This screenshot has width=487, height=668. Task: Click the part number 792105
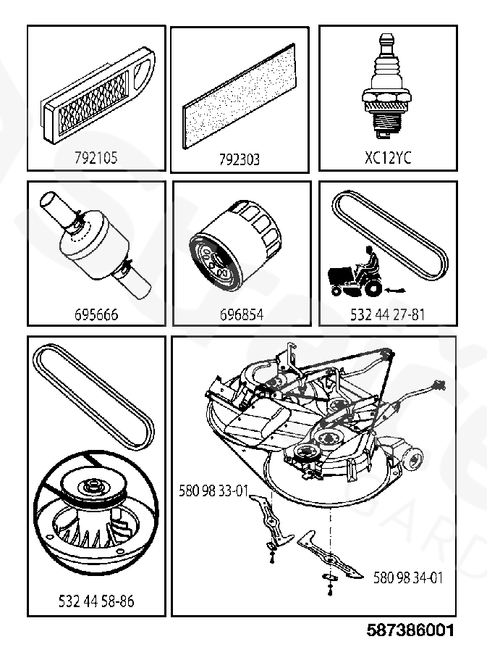96,157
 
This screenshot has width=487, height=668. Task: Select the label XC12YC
388,157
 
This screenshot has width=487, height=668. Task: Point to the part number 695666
96,315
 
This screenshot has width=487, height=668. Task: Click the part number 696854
241,315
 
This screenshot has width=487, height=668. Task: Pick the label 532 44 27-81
387,315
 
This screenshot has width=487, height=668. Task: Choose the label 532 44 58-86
96,601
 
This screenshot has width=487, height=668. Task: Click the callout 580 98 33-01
213,490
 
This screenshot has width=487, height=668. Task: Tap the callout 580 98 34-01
408,577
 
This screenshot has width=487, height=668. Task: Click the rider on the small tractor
368,262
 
